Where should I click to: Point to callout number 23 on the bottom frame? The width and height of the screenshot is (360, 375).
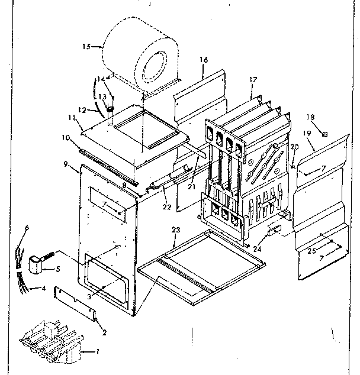point(175,229)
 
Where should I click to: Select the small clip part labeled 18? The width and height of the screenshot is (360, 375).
point(323,134)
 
